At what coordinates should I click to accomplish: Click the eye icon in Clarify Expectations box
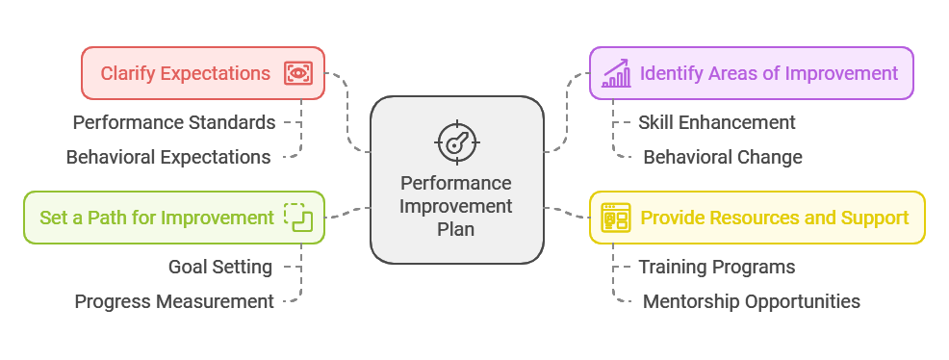pyautogui.click(x=298, y=73)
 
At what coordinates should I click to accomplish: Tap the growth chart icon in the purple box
pyautogui.click(x=616, y=73)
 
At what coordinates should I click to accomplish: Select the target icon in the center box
pyautogui.click(x=457, y=142)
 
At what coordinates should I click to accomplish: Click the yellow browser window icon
pyautogui.click(x=616, y=218)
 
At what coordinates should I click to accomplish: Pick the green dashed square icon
pyautogui.click(x=298, y=218)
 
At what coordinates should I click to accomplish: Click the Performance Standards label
pyautogui.click(x=174, y=123)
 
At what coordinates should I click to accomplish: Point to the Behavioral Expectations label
pyautogui.click(x=168, y=157)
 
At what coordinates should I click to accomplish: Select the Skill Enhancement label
pyautogui.click(x=717, y=123)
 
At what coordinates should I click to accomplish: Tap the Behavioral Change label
pyautogui.click(x=723, y=157)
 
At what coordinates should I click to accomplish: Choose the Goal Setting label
pyautogui.click(x=220, y=267)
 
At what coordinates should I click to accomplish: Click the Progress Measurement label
pyautogui.click(x=174, y=301)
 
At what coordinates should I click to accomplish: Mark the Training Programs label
pyautogui.click(x=717, y=267)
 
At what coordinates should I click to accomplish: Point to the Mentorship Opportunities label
pyautogui.click(x=751, y=301)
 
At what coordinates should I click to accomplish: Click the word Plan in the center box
pyautogui.click(x=456, y=229)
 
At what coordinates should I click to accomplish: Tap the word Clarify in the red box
pyautogui.click(x=122, y=73)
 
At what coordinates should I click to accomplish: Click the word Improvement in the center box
pyautogui.click(x=456, y=206)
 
